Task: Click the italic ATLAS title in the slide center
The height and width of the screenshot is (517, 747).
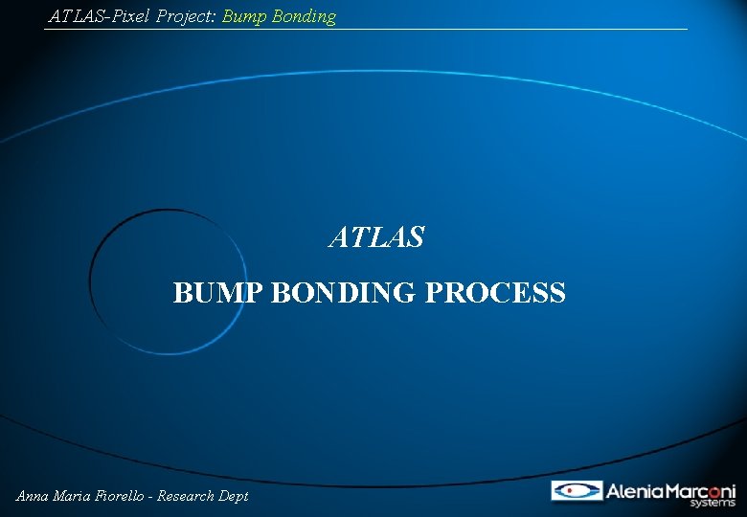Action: point(376,237)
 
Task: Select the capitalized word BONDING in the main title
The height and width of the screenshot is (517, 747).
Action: point(345,293)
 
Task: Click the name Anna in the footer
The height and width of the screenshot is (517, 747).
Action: point(34,496)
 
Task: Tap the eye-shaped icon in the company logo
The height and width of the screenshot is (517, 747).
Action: point(577,491)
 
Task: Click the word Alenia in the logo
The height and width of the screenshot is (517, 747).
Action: point(632,491)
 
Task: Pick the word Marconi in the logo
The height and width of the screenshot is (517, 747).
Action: point(698,491)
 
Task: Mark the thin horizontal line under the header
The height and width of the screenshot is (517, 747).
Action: point(364,30)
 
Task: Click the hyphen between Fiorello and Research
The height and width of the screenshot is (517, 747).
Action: point(153,496)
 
